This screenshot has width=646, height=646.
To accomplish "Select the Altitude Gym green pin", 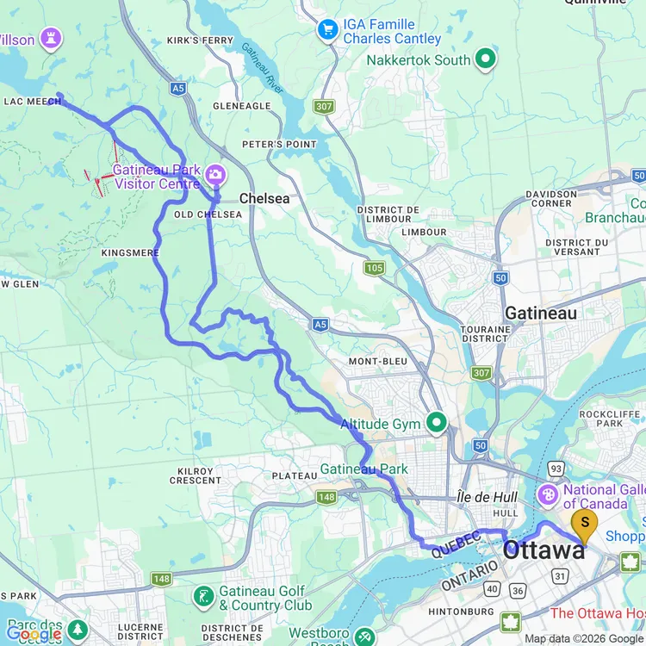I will click(x=437, y=422).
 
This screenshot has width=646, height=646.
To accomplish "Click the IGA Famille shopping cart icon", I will click(x=327, y=31).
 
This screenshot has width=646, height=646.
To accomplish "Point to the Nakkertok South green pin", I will click(x=486, y=59).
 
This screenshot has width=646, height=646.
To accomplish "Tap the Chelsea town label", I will click(x=264, y=198).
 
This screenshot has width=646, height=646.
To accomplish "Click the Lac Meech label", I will click(x=32, y=102).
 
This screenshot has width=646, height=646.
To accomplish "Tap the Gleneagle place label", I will click(x=242, y=106).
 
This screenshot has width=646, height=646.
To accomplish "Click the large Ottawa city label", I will click(x=544, y=550).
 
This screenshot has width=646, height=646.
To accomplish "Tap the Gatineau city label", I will click(x=541, y=314).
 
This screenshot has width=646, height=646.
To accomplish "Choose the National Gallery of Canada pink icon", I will click(x=547, y=495).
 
